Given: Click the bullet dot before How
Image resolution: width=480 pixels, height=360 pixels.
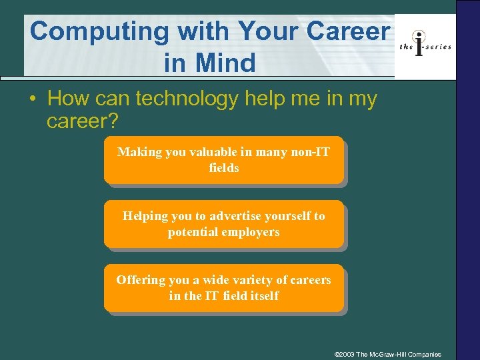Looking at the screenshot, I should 33,100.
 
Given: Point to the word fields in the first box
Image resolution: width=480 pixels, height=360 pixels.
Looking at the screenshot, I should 223,168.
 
